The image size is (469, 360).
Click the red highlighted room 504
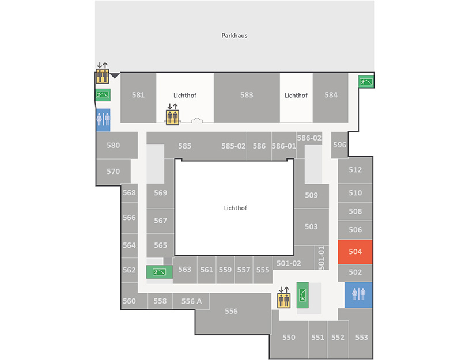[x=355, y=252]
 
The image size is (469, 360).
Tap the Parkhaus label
[x=234, y=36]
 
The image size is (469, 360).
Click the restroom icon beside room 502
[x=358, y=295]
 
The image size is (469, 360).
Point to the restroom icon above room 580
[x=103, y=120]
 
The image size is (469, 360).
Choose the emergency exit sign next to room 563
[x=159, y=272]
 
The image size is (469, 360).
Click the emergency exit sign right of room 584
[x=366, y=81]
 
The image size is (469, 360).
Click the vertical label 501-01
[x=322, y=257]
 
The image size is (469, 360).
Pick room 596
[x=339, y=145]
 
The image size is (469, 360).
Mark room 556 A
[x=191, y=301]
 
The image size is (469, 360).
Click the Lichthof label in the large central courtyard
[x=236, y=208]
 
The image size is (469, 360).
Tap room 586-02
[x=309, y=138]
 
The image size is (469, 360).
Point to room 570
[x=113, y=171]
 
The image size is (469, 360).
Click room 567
[x=160, y=221]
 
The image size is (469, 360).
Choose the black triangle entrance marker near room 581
[x=115, y=75]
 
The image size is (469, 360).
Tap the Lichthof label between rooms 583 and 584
[x=296, y=96]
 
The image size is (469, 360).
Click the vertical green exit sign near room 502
[x=302, y=295]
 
